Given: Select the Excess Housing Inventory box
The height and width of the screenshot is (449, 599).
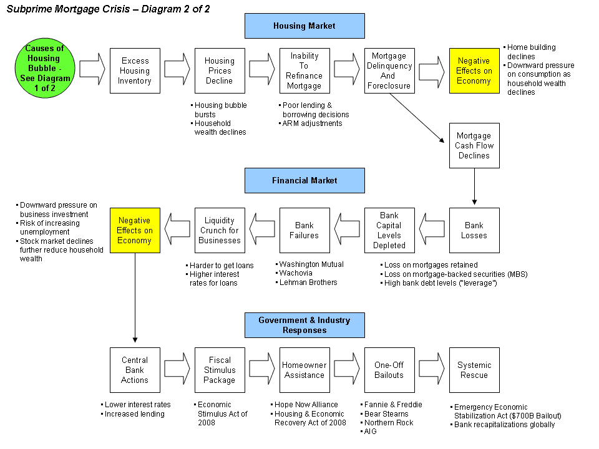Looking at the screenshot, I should tap(135, 70).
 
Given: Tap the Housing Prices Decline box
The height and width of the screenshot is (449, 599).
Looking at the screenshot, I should tap(220, 70).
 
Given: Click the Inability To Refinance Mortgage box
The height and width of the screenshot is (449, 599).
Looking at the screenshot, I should tap(304, 70).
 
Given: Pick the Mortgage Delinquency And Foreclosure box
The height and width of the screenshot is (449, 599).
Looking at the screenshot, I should tap(389, 70).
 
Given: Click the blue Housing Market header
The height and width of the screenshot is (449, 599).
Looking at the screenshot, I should tap(304, 26).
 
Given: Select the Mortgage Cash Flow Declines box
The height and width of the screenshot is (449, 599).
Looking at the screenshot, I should tap(474, 145).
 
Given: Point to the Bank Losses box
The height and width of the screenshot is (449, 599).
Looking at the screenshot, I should tap(474, 230).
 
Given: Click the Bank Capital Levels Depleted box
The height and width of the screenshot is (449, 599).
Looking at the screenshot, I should tap(389, 230).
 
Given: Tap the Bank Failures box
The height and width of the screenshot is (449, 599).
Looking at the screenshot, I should tap(304, 230).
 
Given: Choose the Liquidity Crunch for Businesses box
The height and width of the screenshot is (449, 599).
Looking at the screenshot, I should tap(220, 230).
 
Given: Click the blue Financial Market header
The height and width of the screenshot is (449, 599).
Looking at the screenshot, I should tap(304, 180).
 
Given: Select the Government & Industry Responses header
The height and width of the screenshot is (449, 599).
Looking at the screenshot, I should tap(304, 325).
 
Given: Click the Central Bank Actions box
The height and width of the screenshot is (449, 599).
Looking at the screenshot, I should tap(135, 370).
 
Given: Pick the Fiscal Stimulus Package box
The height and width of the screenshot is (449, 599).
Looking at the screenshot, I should tap(220, 370).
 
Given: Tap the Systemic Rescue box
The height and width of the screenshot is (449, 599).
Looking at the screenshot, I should tap(474, 370).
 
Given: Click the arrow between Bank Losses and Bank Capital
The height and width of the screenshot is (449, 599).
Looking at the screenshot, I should tap(432, 230).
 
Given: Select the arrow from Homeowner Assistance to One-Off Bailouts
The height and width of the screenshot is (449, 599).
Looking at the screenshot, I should tap(347, 370).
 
